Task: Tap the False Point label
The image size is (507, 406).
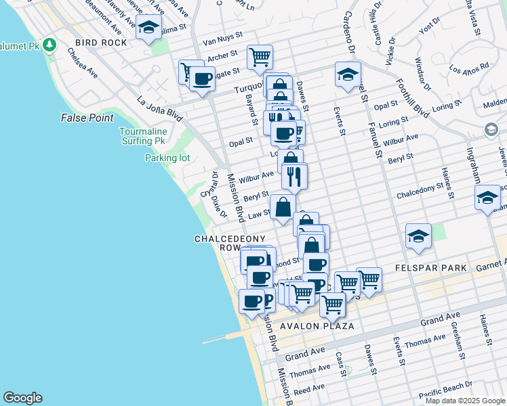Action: [87, 118]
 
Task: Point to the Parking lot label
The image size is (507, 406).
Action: [167, 158]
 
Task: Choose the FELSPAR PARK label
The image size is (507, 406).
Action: [434, 269]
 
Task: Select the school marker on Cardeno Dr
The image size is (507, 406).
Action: [348, 74]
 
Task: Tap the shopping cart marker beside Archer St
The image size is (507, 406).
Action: [260, 57]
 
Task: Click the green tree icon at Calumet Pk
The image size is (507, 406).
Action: [49, 45]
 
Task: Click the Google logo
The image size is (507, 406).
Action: [22, 398]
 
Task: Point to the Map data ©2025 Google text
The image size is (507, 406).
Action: [465, 401]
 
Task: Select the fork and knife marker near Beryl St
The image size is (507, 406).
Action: [294, 176]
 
